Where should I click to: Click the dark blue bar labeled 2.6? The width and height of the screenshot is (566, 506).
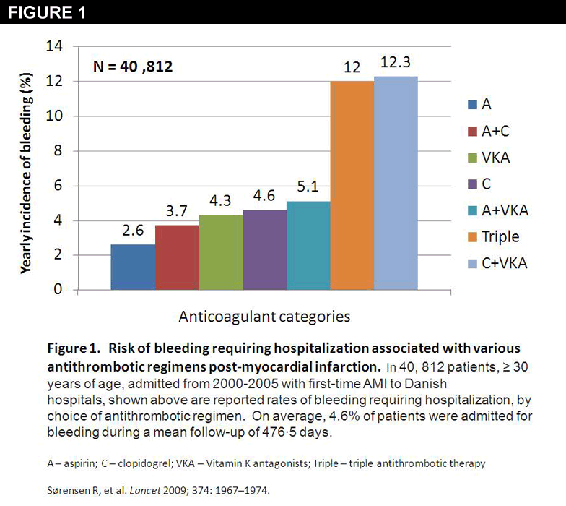pos(132,267)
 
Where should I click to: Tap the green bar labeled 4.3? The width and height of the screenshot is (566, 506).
pos(220,252)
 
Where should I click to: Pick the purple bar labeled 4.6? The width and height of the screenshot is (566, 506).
pos(264,249)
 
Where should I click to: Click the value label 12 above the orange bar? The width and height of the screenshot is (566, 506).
pos(352,67)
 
